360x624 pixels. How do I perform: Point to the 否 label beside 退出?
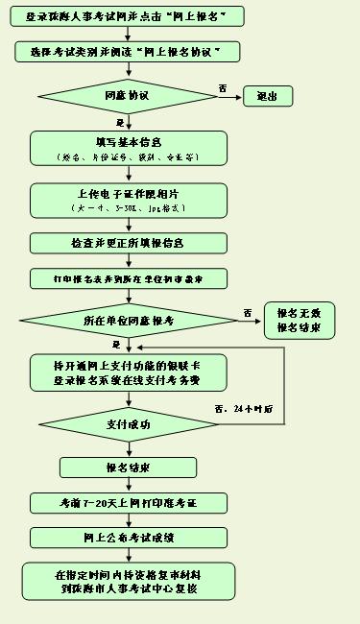click(x=223, y=87)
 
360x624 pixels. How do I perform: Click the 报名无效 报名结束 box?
click(x=304, y=321)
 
